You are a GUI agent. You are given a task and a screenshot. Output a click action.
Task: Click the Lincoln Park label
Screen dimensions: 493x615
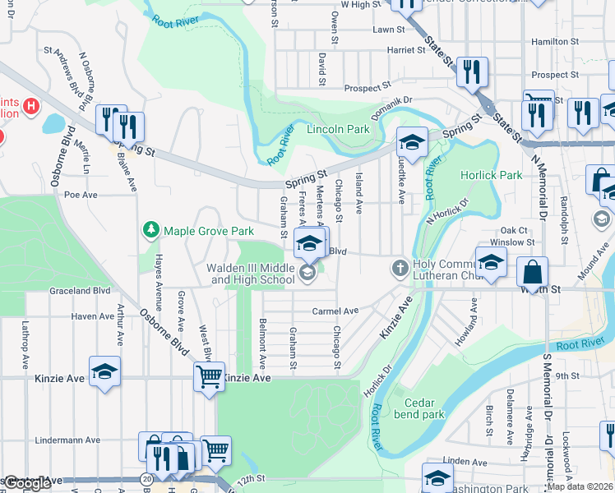(338, 129)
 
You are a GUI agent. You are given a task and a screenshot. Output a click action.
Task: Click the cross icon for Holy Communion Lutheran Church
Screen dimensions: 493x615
(400, 268)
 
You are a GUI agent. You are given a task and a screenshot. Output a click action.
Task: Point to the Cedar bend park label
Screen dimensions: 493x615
(424, 408)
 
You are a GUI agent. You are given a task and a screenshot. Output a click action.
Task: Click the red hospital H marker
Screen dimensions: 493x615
(31, 106)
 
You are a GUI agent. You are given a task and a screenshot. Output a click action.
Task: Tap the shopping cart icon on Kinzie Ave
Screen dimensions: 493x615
(209, 377)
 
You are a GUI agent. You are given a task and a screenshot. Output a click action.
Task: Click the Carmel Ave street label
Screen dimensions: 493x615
(335, 311)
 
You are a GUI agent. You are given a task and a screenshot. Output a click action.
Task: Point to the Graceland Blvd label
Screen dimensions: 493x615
(80, 290)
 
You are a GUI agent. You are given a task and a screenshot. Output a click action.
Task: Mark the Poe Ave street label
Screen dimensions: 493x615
(81, 195)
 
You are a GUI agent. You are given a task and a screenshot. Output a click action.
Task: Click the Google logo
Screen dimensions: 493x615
(27, 483)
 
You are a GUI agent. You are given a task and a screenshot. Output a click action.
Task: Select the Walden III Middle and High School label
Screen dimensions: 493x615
(252, 274)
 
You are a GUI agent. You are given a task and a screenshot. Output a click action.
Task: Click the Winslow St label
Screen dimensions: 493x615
(511, 242)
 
